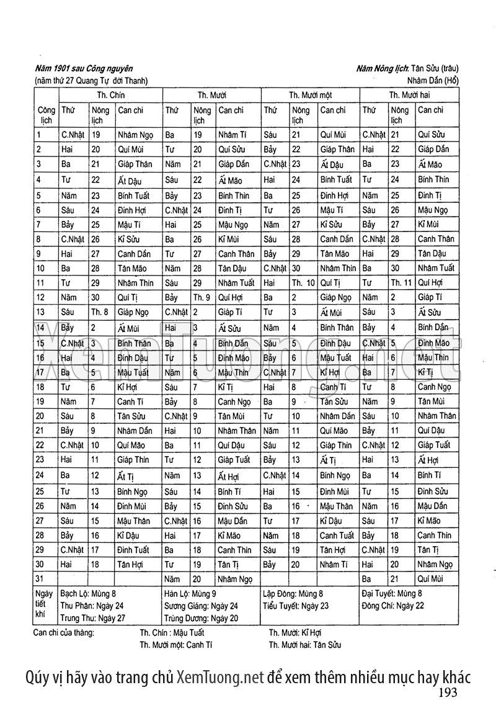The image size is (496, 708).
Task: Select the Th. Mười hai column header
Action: click(x=409, y=95)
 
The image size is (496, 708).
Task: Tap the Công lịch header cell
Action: click(x=46, y=115)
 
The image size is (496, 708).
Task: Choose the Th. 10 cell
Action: click(x=303, y=282)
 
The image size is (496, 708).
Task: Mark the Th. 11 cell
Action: click(x=401, y=282)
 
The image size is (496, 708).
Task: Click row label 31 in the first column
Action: click(x=41, y=580)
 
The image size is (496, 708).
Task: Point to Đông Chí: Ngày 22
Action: click(x=393, y=606)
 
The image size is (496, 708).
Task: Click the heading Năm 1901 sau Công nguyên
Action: click(x=84, y=69)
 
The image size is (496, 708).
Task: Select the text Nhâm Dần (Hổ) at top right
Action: click(x=433, y=81)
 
